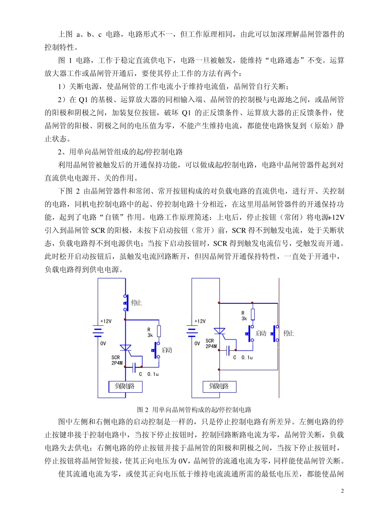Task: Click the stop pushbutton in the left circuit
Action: pos(126,303)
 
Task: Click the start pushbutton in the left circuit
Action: pos(157,350)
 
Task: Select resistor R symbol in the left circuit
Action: pos(159,331)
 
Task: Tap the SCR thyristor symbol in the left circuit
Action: pos(125,348)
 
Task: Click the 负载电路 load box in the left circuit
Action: pos(125,386)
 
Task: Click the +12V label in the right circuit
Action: pos(200,321)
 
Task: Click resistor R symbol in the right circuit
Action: pos(253,314)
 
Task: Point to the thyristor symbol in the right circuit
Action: pos(220,331)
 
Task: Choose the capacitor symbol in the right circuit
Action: pos(228,350)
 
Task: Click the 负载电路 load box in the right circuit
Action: pos(220,386)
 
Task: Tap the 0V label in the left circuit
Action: pos(103,343)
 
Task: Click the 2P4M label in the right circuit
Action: pos(211,346)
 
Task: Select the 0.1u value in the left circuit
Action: pos(153,374)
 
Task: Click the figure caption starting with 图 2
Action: pos(194,410)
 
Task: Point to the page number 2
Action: pos(342,491)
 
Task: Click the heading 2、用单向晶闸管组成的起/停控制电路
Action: pos(120,152)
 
